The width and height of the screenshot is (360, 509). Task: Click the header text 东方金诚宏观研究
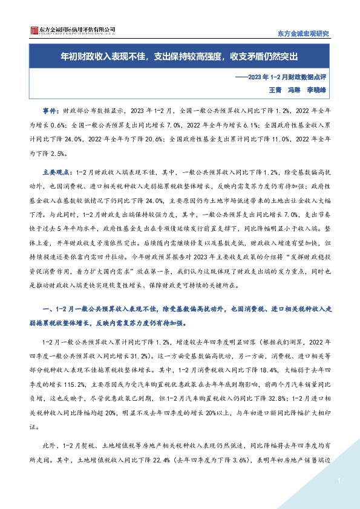[x=303, y=33]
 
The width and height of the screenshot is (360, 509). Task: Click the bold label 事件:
[x=53, y=111]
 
